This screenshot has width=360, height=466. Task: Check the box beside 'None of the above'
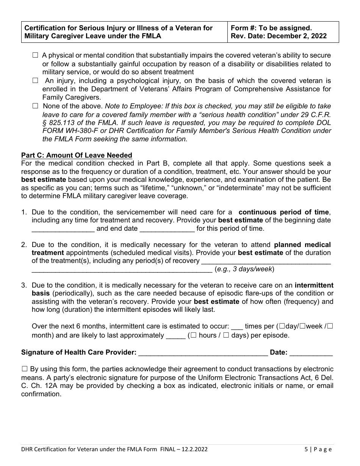click(35, 106)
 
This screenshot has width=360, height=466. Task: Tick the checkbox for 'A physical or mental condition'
click(35, 55)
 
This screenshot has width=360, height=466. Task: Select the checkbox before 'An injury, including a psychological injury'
click(35, 81)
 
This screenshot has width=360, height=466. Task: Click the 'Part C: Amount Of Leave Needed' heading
click(77, 155)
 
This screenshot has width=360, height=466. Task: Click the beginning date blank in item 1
click(63, 228)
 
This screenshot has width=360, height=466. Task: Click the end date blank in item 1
click(167, 228)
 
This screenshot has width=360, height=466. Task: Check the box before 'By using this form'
click(25, 369)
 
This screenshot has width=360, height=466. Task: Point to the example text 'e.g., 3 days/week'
click(244, 269)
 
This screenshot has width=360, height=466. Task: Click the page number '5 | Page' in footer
click(318, 449)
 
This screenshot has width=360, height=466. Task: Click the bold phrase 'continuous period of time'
click(284, 212)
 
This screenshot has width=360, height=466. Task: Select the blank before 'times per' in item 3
click(236, 326)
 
